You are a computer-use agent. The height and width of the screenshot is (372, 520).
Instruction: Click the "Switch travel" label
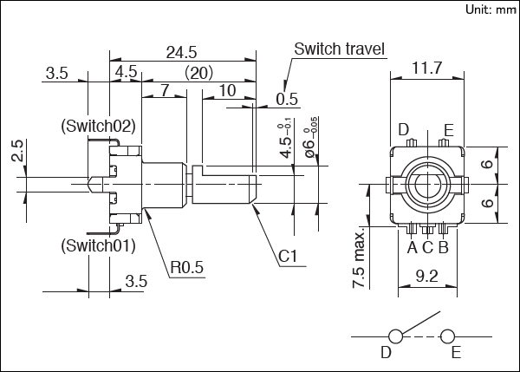[339, 48]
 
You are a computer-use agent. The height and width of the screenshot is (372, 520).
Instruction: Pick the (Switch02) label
[98, 126]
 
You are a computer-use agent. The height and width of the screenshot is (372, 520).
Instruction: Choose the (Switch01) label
[98, 245]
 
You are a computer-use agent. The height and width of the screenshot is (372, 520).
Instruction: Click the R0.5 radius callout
[186, 268]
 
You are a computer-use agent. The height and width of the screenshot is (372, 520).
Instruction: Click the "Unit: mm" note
[490, 10]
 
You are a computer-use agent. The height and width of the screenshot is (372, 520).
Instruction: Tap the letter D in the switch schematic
[386, 353]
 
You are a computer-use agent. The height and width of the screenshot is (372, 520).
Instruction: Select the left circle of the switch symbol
[396, 336]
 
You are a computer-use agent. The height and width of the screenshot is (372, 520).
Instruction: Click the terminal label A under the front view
[413, 247]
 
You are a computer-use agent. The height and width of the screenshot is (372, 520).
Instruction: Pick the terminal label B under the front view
[443, 247]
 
